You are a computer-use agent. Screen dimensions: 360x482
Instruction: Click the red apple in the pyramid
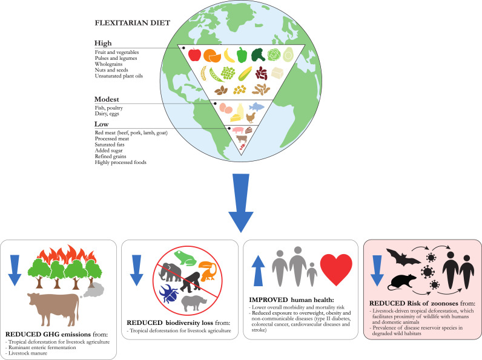(195, 55)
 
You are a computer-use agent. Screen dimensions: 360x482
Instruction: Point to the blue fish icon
(257, 107)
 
